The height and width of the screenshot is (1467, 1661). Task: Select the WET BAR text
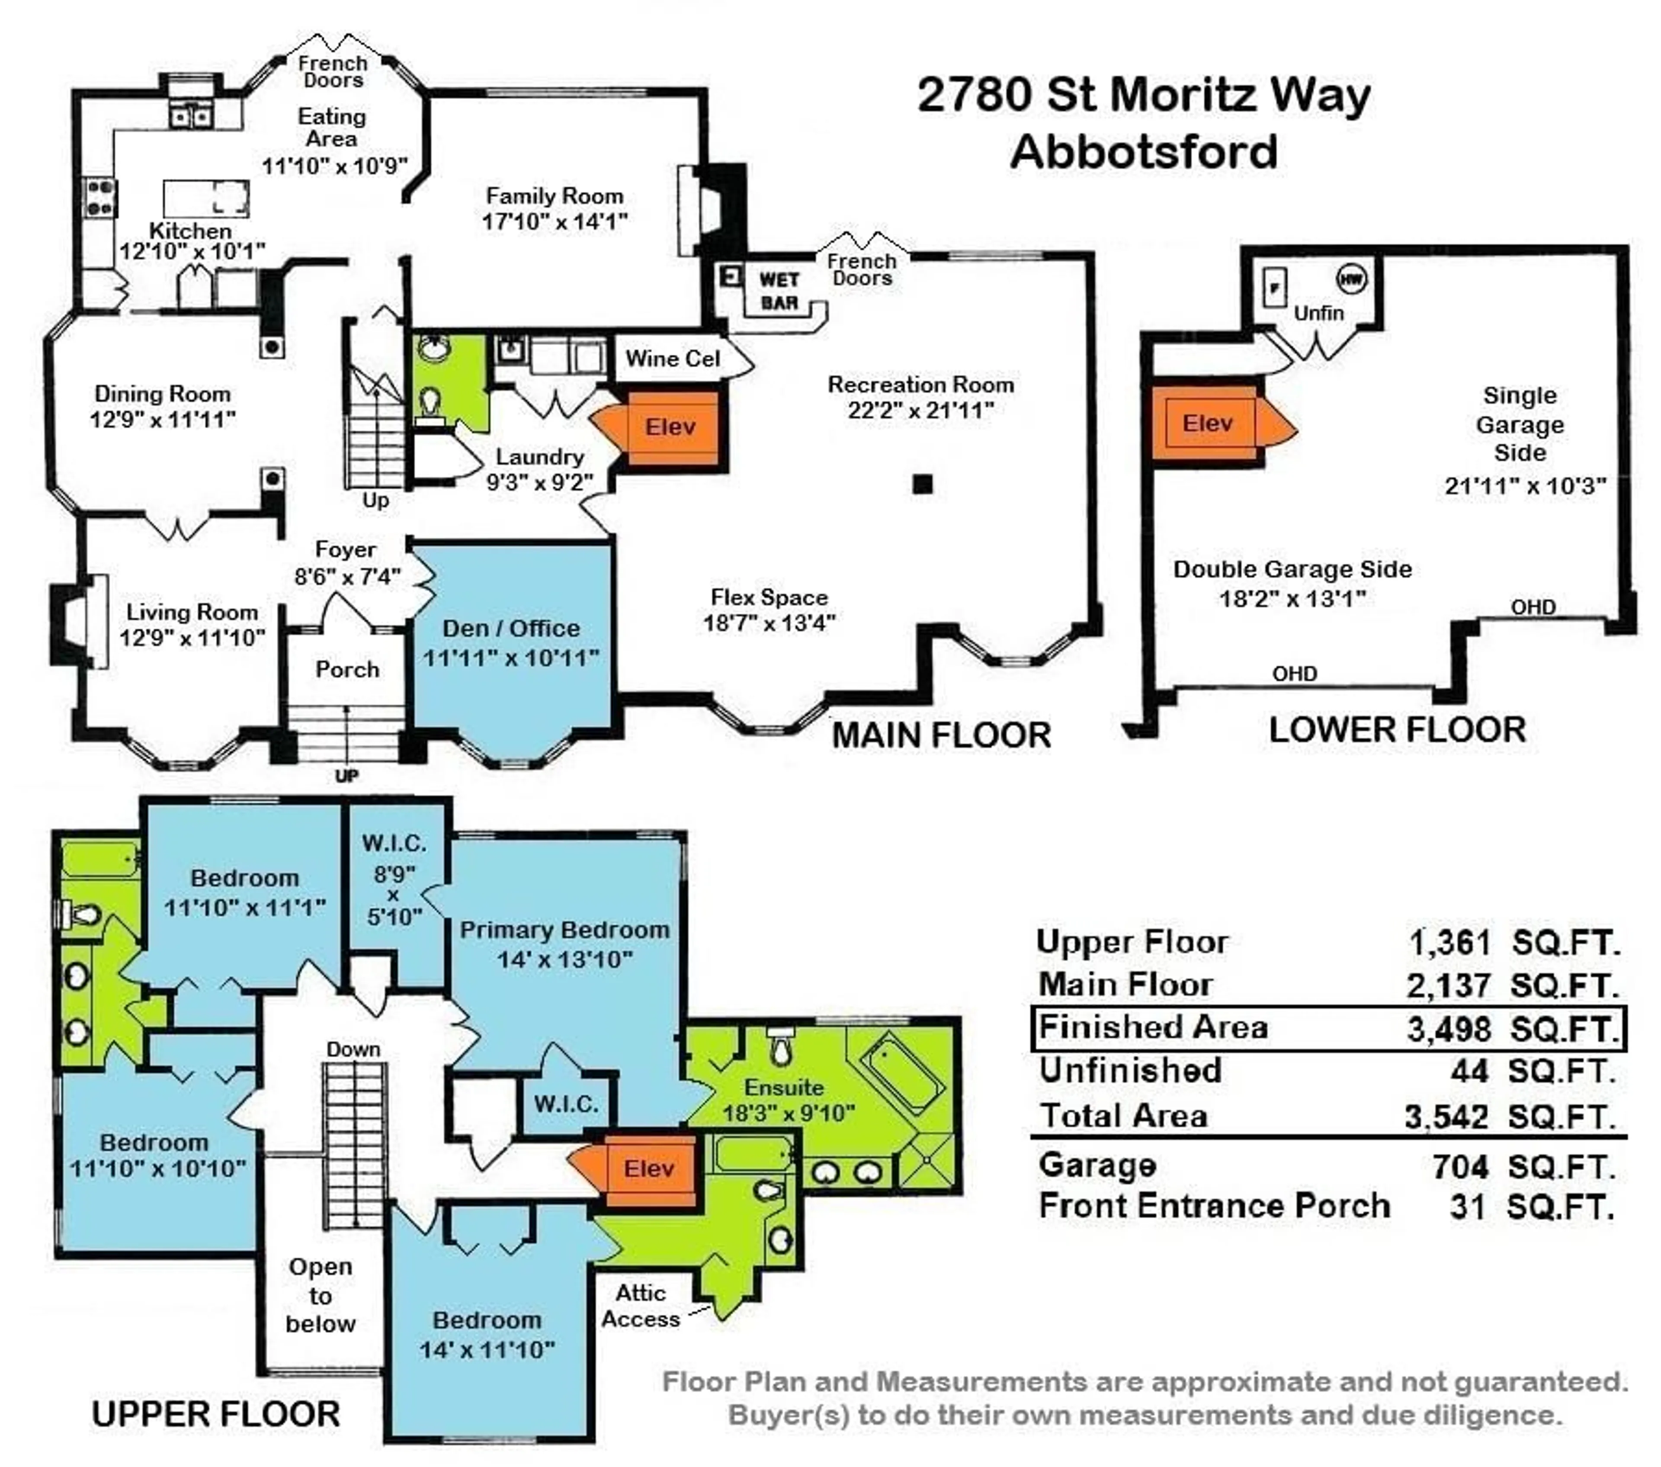coord(779,291)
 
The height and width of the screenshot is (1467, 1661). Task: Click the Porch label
coord(347,670)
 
